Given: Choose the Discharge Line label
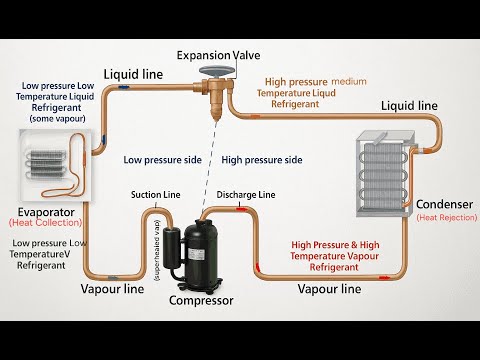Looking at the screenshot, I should click(245, 194).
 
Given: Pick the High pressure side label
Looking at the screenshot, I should click(261, 159).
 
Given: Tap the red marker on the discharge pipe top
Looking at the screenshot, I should click(243, 209).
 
